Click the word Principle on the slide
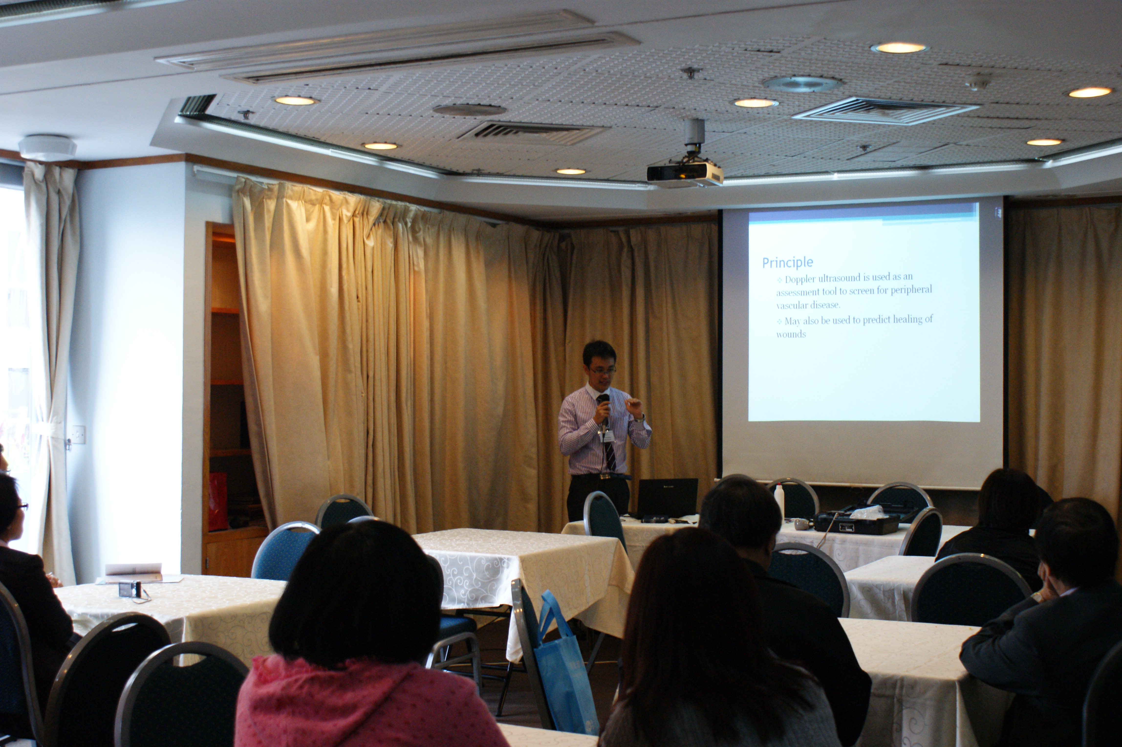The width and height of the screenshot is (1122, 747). pos(787,263)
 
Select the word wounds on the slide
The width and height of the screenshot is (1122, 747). pos(791,334)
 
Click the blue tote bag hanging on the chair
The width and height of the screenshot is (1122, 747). pos(565,667)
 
